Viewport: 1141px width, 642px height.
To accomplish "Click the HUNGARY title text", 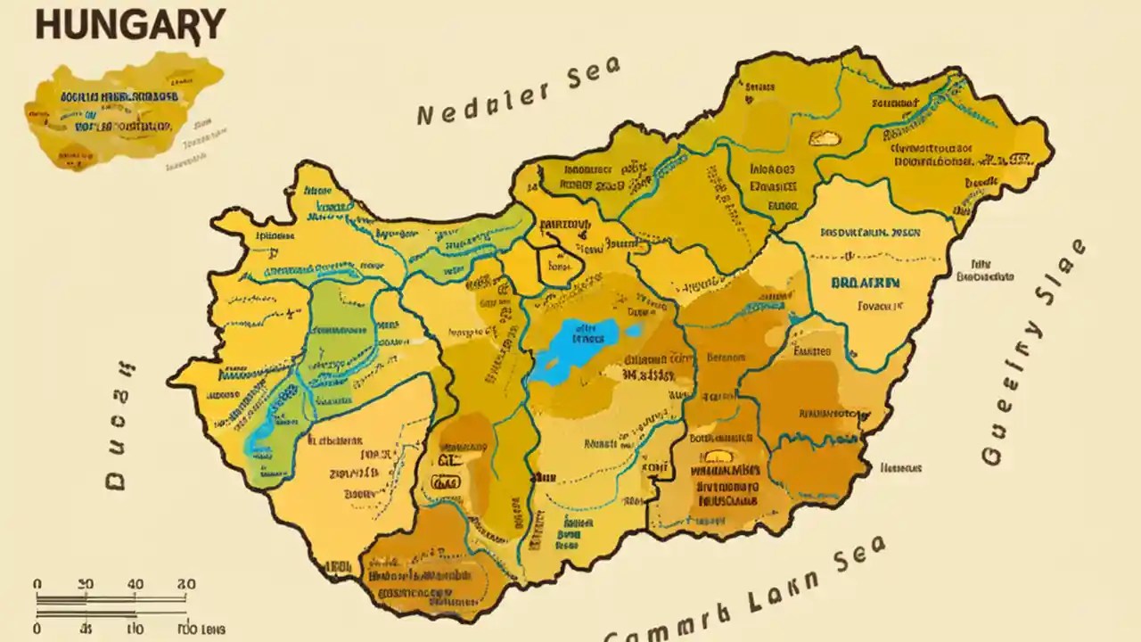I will pos(129,24).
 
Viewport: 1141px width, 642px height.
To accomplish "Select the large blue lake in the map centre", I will pos(579,350).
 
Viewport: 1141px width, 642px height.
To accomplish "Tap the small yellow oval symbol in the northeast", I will pos(824,138).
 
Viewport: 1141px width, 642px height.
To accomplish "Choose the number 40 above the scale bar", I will pos(135,583).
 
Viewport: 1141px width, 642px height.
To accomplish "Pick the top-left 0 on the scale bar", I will pos(37,583).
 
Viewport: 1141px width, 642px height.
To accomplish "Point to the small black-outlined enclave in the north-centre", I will pos(560,265).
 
